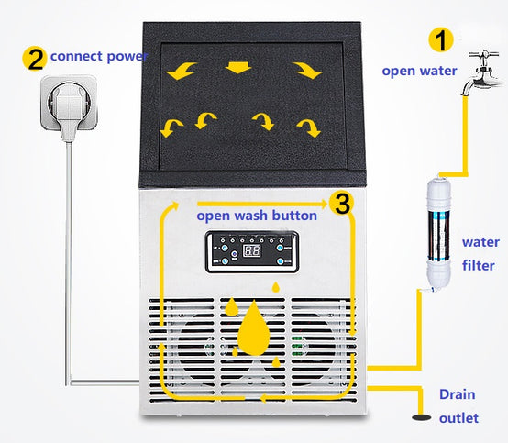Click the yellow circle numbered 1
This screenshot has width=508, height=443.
(441, 39)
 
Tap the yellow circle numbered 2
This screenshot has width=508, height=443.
(35, 59)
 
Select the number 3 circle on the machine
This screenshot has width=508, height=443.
(342, 204)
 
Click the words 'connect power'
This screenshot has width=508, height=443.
(99, 57)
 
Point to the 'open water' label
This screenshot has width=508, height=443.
(419, 71)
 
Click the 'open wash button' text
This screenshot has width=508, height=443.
(257, 216)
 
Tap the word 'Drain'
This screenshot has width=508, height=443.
(458, 394)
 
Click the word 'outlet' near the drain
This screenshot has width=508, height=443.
(458, 418)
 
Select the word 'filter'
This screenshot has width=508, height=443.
(478, 265)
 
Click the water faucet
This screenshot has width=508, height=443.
(481, 72)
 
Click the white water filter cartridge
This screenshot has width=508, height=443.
(438, 234)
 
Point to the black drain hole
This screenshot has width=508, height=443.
(421, 417)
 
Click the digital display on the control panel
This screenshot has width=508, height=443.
(252, 250)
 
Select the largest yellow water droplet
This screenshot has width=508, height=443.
(253, 328)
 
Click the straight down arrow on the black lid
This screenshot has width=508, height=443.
(238, 67)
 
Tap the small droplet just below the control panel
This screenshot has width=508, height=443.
(276, 287)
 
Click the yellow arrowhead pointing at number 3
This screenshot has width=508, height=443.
(323, 204)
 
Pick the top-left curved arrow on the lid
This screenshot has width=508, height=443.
(182, 71)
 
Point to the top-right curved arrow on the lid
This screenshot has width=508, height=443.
(307, 71)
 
